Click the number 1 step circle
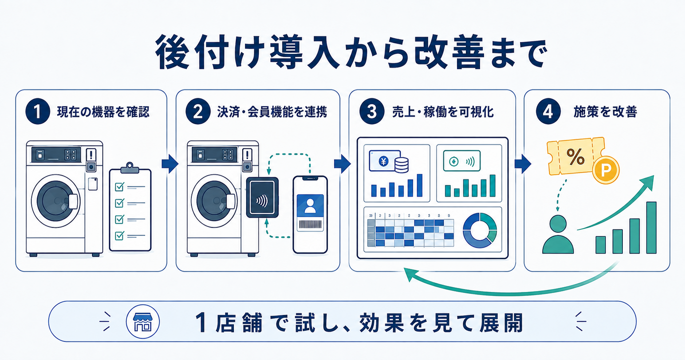pos(38,112)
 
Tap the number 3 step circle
pos(372,112)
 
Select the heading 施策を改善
pos(605,112)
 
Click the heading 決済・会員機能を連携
pos(272,112)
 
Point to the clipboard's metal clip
pos(130,168)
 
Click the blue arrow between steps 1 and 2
pos(170,164)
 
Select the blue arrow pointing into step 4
pos(523,164)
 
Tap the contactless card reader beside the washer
pos(262,198)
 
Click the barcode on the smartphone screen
pos(310,225)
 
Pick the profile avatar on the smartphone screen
pos(310,206)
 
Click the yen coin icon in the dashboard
pos(384,161)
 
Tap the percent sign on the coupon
pos(575,157)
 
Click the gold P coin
pos(606,170)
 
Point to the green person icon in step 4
pos(558,235)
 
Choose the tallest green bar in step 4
pos(651,227)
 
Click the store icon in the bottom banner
pos(143,321)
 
